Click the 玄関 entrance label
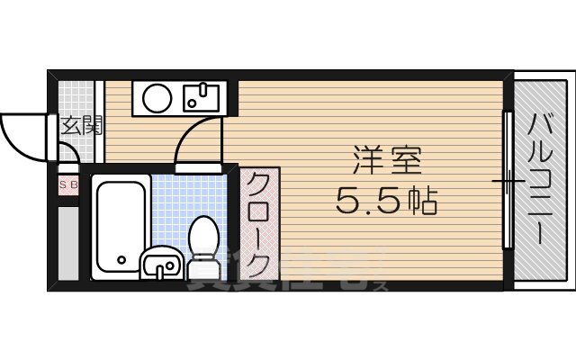tap(79, 125)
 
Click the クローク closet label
tap(258, 225)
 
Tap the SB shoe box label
tap(68, 186)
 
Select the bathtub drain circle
tap(120, 262)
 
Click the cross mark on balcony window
tap(509, 182)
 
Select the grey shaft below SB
tap(68, 243)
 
